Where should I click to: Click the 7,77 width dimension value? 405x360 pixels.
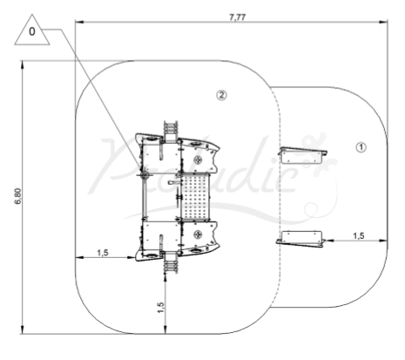pyautogui.click(x=237, y=17)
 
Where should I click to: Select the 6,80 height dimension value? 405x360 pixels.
pyautogui.click(x=18, y=196)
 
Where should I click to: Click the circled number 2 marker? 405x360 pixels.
pyautogui.click(x=221, y=95)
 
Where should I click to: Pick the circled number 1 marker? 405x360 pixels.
pyautogui.click(x=361, y=147)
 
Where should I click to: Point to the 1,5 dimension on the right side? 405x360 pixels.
pyautogui.click(x=358, y=235)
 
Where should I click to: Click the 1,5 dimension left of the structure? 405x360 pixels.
pyautogui.click(x=103, y=253)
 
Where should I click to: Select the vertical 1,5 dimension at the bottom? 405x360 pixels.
pyautogui.click(x=160, y=308)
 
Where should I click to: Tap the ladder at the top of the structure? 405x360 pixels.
pyautogui.click(x=171, y=132)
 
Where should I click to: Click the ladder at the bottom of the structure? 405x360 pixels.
pyautogui.click(x=171, y=263)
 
